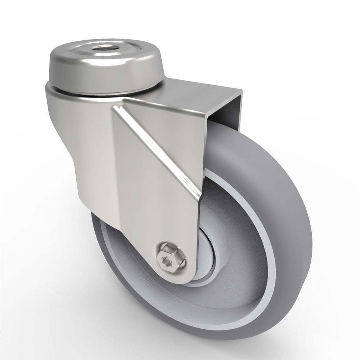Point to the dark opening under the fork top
pos(223,115)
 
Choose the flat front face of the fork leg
pos(158,202)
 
